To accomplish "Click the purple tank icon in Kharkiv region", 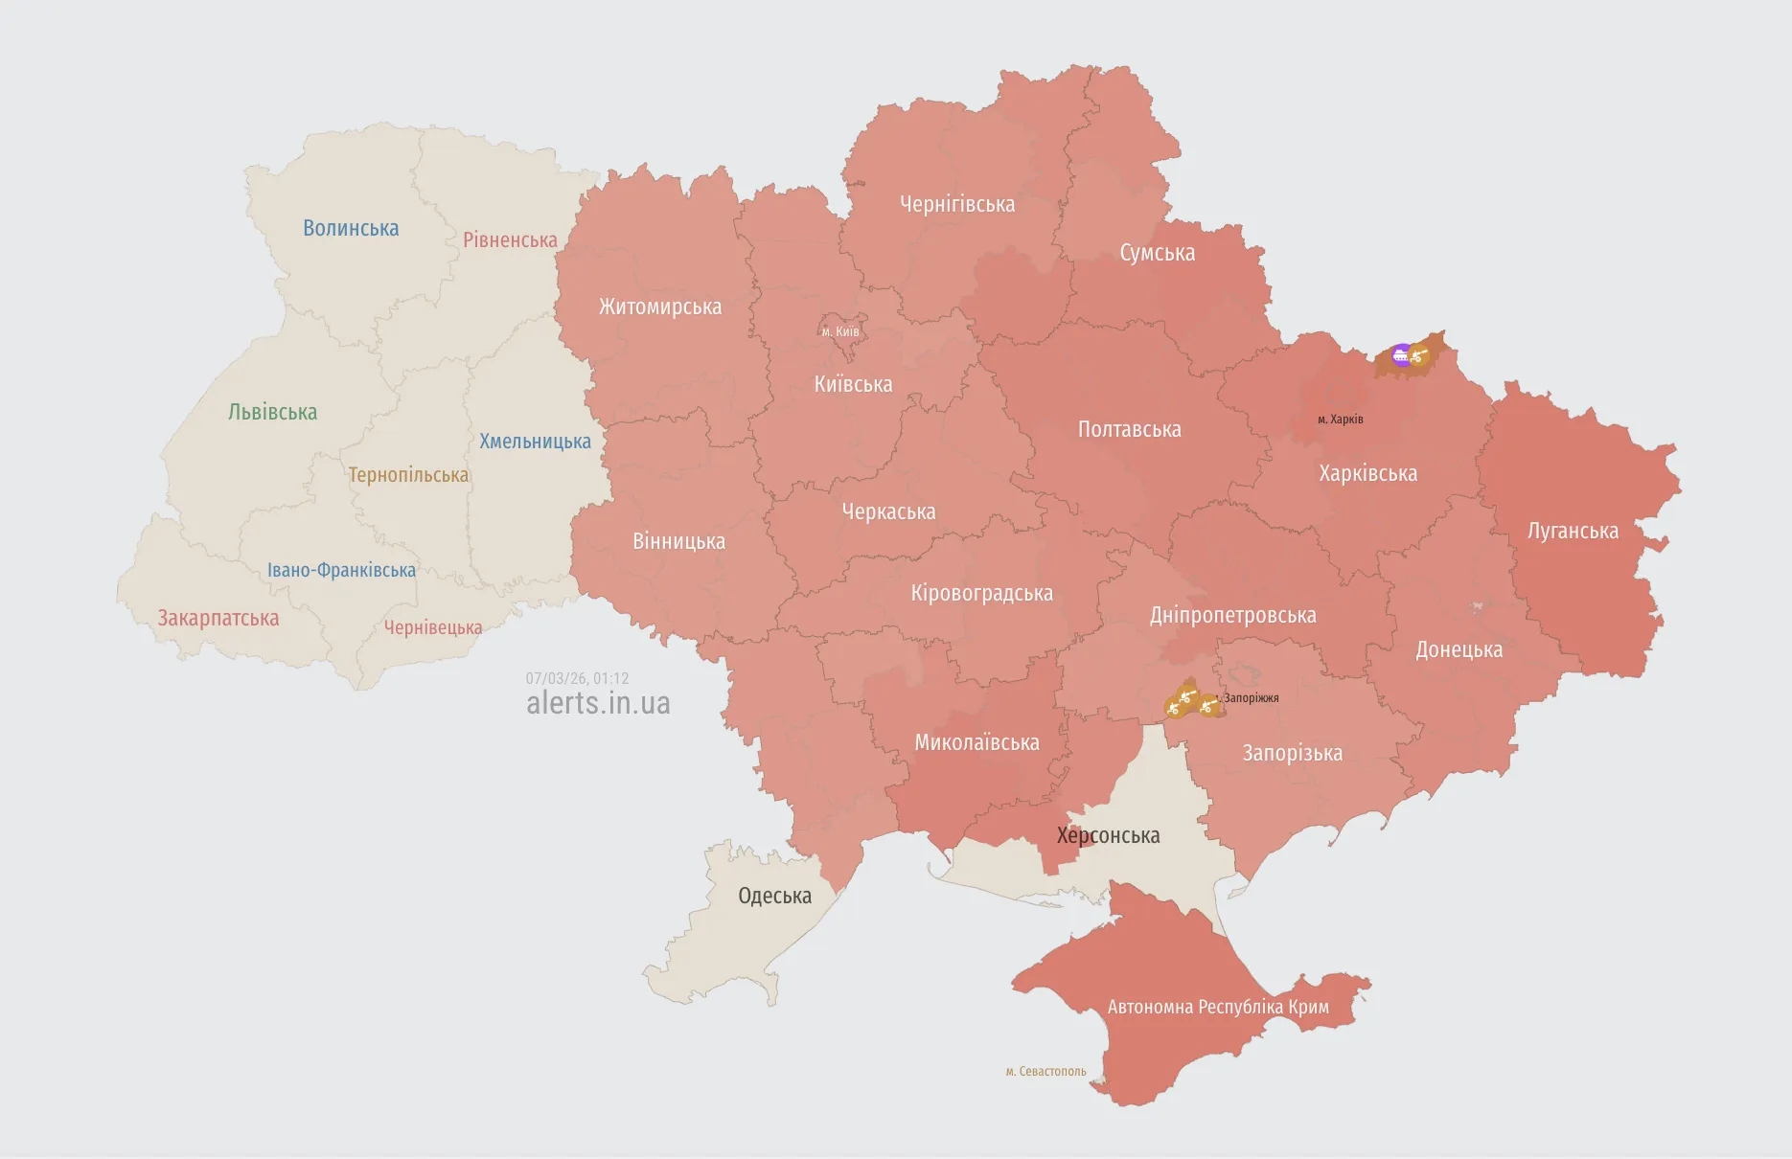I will [1401, 355].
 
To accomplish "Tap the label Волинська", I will [351, 228].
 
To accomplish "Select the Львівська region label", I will [272, 412].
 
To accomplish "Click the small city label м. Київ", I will [840, 332].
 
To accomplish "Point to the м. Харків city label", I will [1340, 420].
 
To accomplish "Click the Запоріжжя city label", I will [1251, 698].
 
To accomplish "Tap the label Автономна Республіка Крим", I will [1218, 1007].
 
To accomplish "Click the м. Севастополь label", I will [1045, 1072].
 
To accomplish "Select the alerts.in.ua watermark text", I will [598, 703].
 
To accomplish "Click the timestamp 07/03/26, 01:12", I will [577, 678].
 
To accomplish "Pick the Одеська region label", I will [774, 896].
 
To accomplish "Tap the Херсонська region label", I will [1108, 835].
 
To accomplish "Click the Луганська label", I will [1573, 531].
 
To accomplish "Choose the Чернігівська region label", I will [956, 204].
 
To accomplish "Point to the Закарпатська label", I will [218, 618].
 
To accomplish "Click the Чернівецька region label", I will [433, 627].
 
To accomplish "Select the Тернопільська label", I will [408, 475].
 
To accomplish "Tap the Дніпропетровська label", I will [1232, 615].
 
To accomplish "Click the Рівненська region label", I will [510, 240].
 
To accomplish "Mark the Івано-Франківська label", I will [341, 570].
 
